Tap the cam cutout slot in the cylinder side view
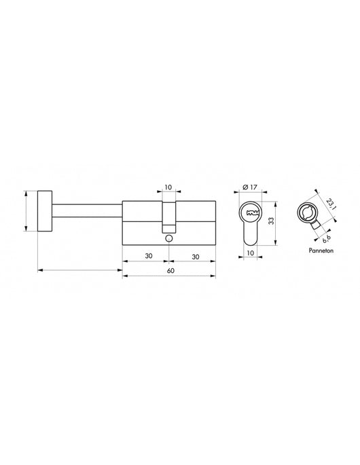point(168,217)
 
